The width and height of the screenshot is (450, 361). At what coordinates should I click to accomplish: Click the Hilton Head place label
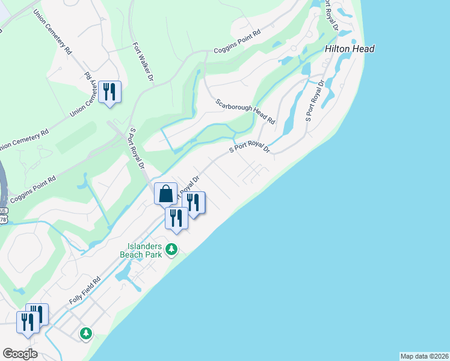[350, 49]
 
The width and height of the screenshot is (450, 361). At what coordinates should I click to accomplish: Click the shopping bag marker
[165, 195]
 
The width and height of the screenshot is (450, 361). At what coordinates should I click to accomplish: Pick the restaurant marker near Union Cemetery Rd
[109, 93]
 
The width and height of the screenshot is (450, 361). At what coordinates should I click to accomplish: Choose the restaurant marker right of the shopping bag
[194, 203]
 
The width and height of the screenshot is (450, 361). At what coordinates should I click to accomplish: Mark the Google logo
[20, 353]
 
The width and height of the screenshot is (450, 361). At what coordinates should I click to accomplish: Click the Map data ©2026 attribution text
[425, 356]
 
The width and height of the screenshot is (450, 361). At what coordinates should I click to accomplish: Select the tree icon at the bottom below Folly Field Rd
[86, 332]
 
